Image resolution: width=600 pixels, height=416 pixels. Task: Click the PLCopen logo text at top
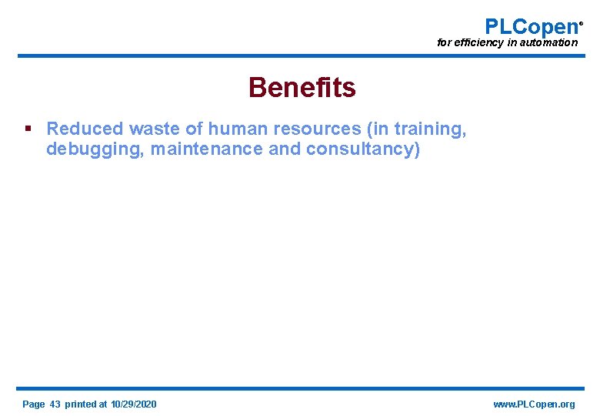pos(531,27)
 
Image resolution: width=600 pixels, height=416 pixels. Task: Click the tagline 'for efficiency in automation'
pos(507,43)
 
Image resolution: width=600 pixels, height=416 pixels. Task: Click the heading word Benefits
pos(302,88)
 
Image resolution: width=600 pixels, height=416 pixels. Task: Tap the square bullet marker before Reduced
pos(28,128)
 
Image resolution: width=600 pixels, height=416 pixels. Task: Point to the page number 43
pos(55,404)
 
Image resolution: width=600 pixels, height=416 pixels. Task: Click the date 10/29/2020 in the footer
pos(133,404)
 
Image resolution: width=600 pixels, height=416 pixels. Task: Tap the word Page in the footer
pos(34,404)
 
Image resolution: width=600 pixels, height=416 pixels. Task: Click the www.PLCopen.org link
pos(533,404)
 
